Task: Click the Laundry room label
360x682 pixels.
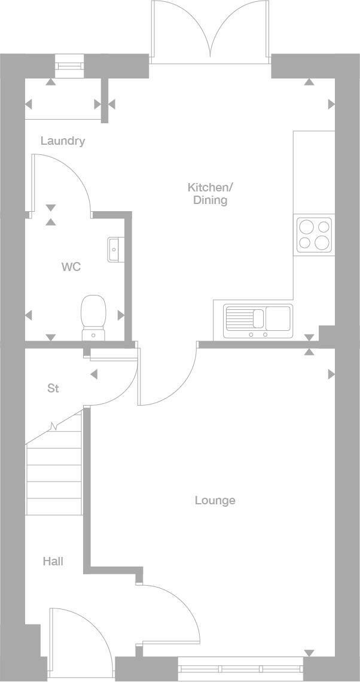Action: click(63, 141)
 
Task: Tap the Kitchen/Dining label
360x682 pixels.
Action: click(210, 194)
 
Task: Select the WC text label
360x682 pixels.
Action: click(71, 267)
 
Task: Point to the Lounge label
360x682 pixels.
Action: click(215, 501)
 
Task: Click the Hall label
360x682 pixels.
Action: click(53, 561)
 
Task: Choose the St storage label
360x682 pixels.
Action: click(53, 388)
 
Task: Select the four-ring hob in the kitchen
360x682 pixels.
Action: click(314, 235)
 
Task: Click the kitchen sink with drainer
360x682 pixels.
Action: click(258, 322)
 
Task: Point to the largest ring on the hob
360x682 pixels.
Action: click(322, 242)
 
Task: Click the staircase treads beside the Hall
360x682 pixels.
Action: click(54, 465)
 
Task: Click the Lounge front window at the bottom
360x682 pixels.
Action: click(241, 668)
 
